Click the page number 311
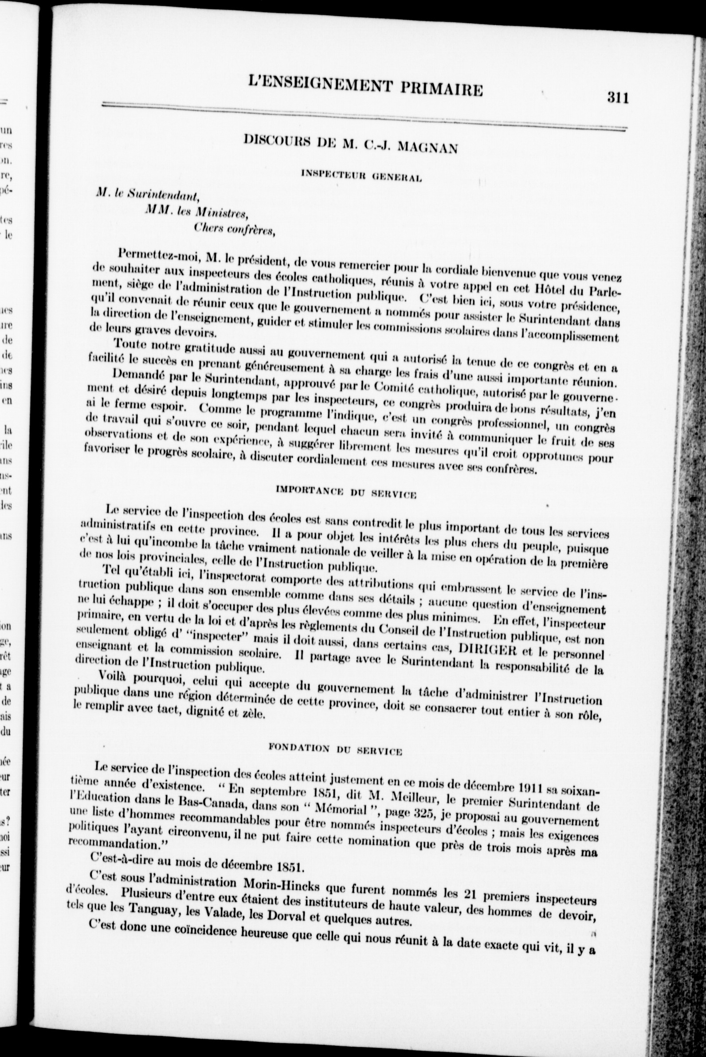click(x=617, y=97)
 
